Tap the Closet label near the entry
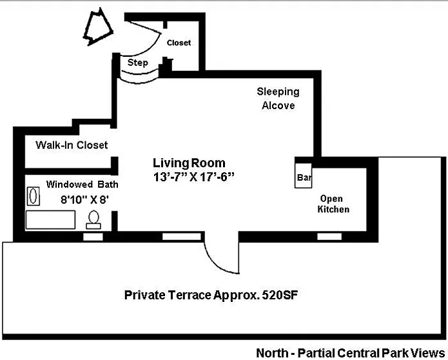pyautogui.click(x=179, y=43)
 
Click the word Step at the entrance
pyautogui.click(x=138, y=63)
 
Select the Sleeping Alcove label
pyautogui.click(x=278, y=99)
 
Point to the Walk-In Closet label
pyautogui.click(x=72, y=145)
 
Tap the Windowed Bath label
pyautogui.click(x=82, y=184)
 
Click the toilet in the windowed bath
pyautogui.click(x=94, y=219)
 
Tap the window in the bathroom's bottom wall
pyautogui.click(x=93, y=237)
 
